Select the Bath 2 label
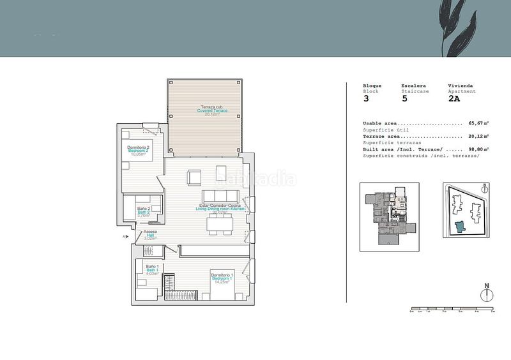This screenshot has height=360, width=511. pyautogui.click(x=144, y=212)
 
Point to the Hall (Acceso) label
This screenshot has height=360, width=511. pyautogui.click(x=150, y=235)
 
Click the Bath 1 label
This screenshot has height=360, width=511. pyautogui.click(x=152, y=270)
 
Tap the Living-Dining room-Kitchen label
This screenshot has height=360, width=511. pyautogui.click(x=220, y=209)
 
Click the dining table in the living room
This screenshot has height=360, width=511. pyautogui.click(x=220, y=223)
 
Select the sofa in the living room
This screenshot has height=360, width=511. pyautogui.click(x=220, y=196)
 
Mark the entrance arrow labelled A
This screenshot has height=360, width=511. pyautogui.click(x=126, y=237)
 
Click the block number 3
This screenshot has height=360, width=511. pyautogui.click(x=366, y=99)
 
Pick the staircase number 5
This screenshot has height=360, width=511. pyautogui.click(x=404, y=99)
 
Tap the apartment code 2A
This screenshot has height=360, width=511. pyautogui.click(x=454, y=99)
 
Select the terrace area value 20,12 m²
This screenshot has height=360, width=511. pyautogui.click(x=478, y=136)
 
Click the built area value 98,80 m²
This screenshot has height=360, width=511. pyautogui.click(x=478, y=149)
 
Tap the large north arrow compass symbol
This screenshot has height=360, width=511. pyautogui.click(x=487, y=294)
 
